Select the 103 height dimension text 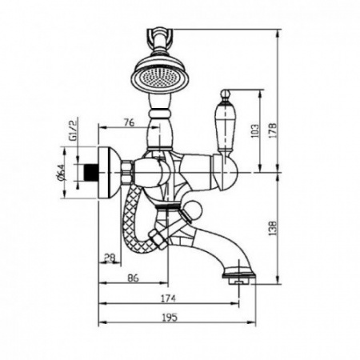tap(254, 130)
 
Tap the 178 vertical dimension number tap(273, 130)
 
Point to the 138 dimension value tap(273, 228)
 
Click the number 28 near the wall tap(109, 258)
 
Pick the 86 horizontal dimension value tap(134, 278)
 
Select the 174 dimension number tap(168, 298)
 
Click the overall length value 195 tap(170, 318)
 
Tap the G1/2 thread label tap(73, 130)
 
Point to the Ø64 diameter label tap(60, 172)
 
